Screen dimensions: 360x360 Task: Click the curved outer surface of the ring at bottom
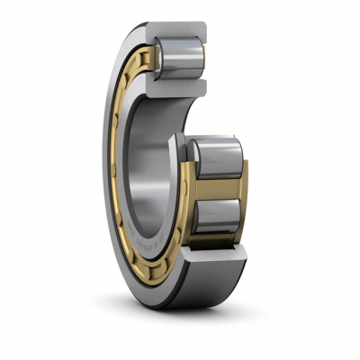tap(180, 292)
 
